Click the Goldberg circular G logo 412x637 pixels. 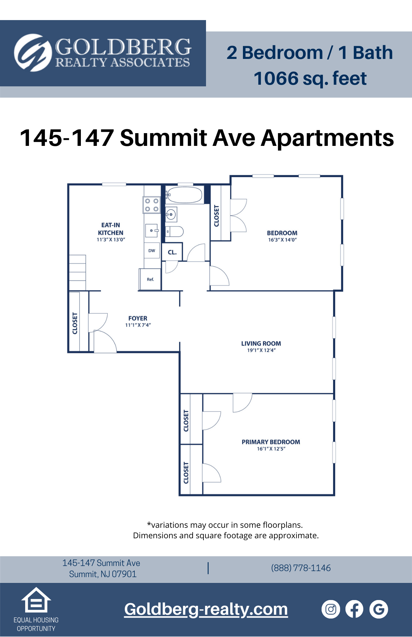coord(33,53)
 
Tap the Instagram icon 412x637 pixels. coord(331,609)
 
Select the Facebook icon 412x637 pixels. coord(354,609)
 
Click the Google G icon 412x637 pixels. coord(379,609)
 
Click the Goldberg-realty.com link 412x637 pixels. coord(206,609)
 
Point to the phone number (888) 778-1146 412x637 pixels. coord(301,568)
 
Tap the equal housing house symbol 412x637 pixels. coord(36,600)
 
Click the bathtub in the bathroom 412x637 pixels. coord(185,195)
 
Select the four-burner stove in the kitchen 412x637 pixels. coord(152,205)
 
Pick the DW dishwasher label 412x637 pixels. coord(152,251)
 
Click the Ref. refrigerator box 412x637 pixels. coord(150,279)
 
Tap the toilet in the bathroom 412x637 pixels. coord(174,232)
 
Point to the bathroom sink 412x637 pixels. coord(171,215)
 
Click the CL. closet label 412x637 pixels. coord(172,252)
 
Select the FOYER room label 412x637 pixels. coord(138,318)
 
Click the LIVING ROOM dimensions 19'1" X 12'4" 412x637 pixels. coord(261,350)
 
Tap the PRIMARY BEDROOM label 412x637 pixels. coord(271,442)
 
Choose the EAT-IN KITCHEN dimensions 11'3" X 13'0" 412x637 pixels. coord(111,240)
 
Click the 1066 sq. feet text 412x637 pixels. coord(310,78)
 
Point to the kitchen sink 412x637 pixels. coord(152,230)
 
